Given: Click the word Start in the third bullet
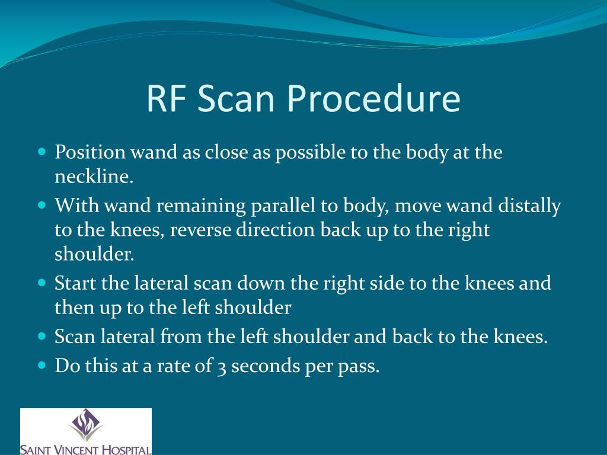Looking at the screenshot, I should [76, 283].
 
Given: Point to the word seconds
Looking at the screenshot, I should [266, 366].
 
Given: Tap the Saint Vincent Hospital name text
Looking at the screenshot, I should [85, 448].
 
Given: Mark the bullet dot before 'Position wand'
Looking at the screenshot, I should [41, 152].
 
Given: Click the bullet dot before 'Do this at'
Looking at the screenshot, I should [41, 366].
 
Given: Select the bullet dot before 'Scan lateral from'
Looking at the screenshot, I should [41, 336].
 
